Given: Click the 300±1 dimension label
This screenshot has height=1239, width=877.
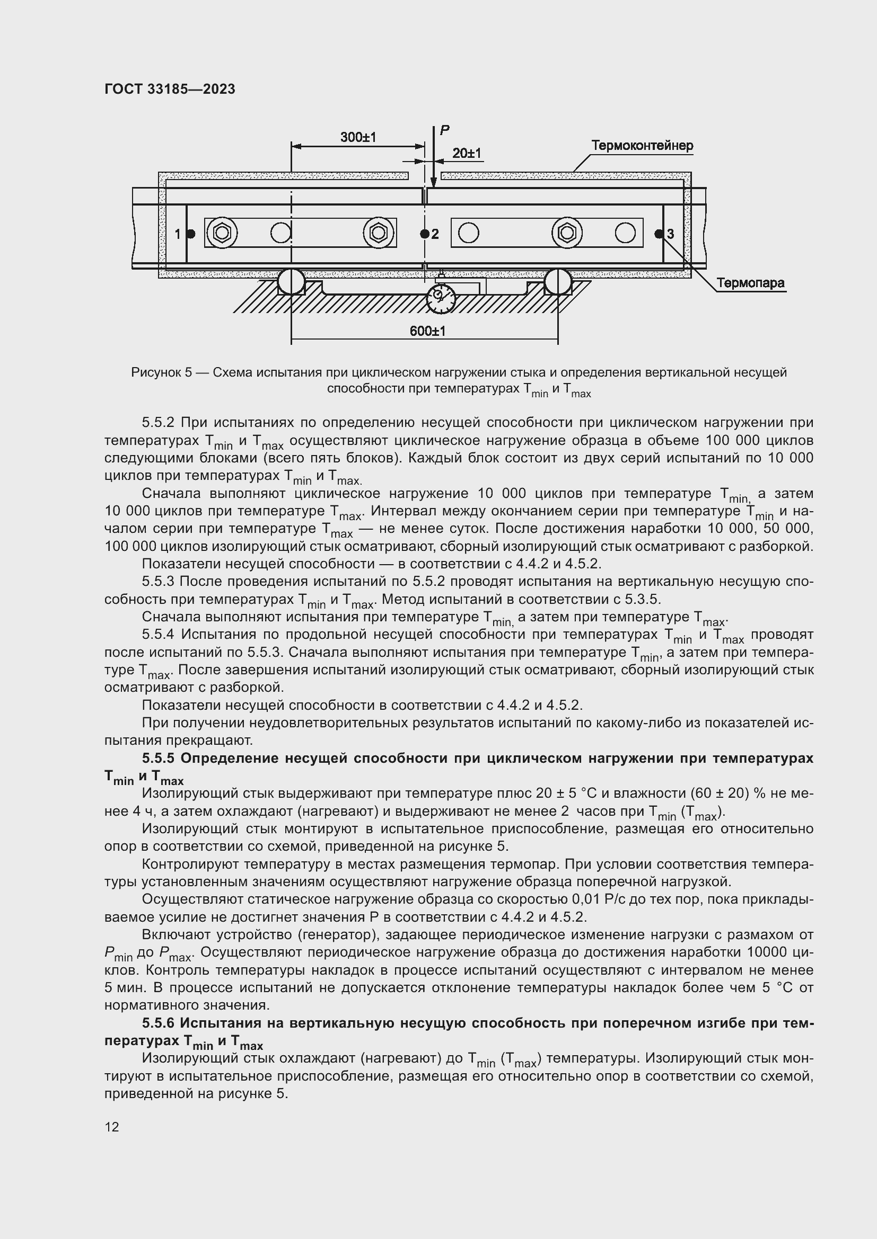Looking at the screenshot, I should point(357,137).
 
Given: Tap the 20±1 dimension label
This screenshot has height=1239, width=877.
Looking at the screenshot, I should point(467,153).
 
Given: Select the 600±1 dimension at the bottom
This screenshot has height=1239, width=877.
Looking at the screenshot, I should point(428,331).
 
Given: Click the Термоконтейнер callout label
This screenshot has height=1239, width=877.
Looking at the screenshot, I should point(642,146).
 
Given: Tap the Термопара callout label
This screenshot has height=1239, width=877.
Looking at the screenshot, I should point(750,283).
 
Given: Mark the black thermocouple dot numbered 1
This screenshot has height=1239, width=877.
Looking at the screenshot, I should point(191,234).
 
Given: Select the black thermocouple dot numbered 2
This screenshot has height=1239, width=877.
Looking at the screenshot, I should point(425,234).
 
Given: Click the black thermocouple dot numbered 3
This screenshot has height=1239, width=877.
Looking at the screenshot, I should point(659,234).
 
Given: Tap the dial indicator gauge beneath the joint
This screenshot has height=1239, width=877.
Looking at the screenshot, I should point(441,298).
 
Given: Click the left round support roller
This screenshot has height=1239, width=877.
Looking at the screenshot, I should point(291,282).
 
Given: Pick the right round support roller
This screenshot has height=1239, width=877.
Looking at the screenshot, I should point(557,282).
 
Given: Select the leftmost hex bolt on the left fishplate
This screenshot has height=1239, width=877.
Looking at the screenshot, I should point(222,233).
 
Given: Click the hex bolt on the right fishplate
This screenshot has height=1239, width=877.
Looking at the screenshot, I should point(566,233).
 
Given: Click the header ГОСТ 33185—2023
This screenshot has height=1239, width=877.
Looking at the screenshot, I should point(170,90).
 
